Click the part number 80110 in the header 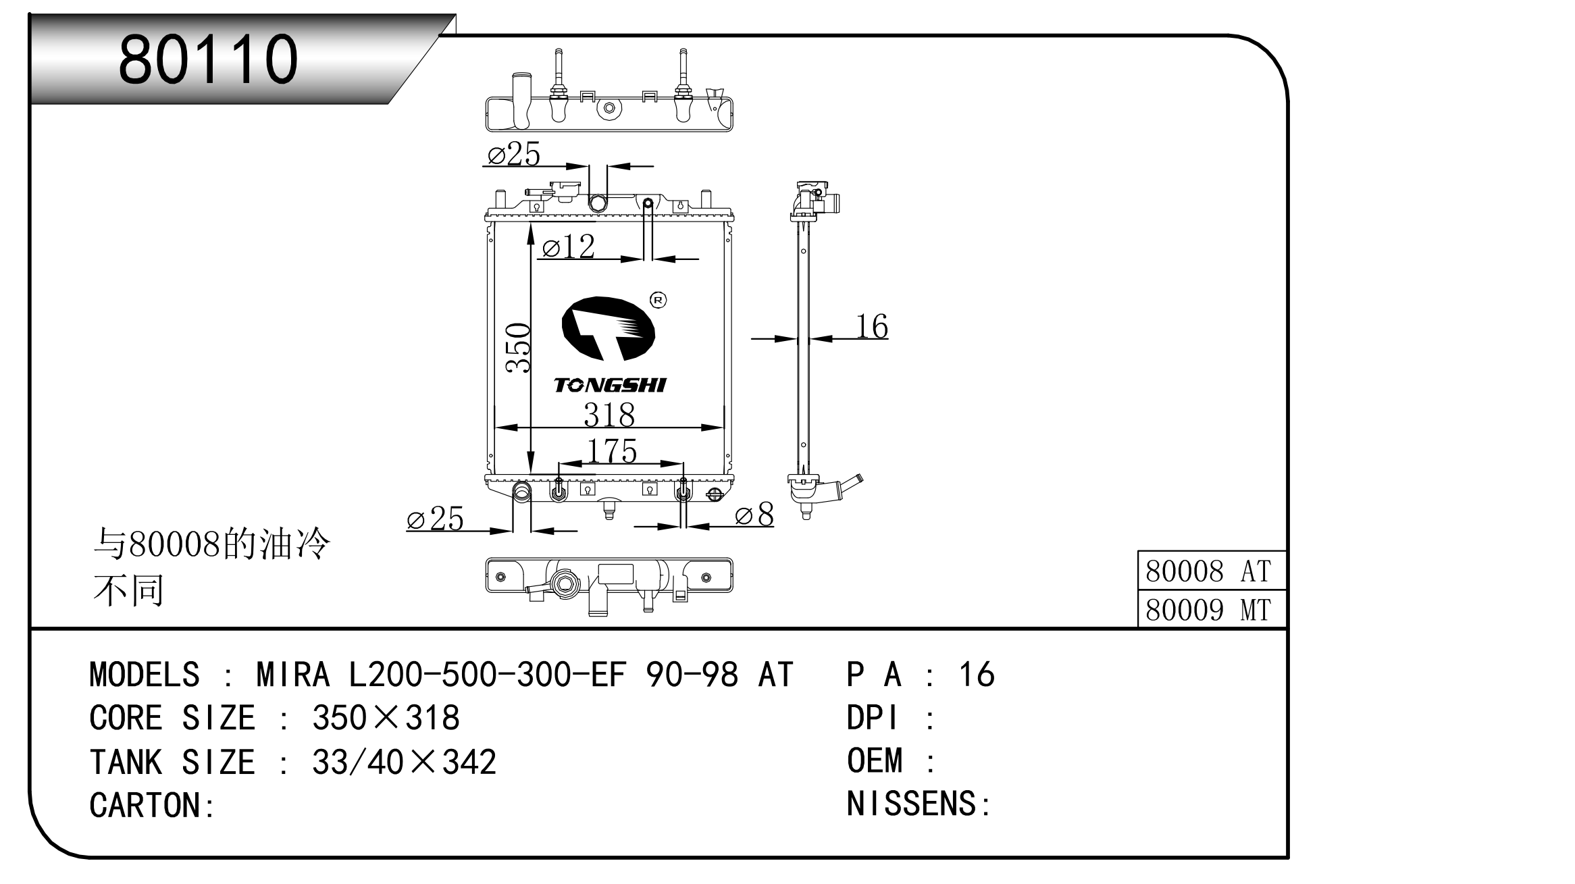pos(208,59)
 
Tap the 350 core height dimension pos(519,348)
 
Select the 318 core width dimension pos(609,414)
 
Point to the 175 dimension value pos(612,450)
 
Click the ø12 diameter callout pos(569,246)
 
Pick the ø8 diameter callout pos(755,515)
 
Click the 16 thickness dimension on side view pos(872,326)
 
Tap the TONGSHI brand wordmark pos(610,385)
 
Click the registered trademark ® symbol pos(658,300)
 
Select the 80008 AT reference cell pos(1209,571)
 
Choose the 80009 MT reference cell pos(1209,610)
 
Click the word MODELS pos(145,675)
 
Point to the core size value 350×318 pos(386,718)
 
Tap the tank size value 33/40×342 pos(404,762)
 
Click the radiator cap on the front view pos(565,189)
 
